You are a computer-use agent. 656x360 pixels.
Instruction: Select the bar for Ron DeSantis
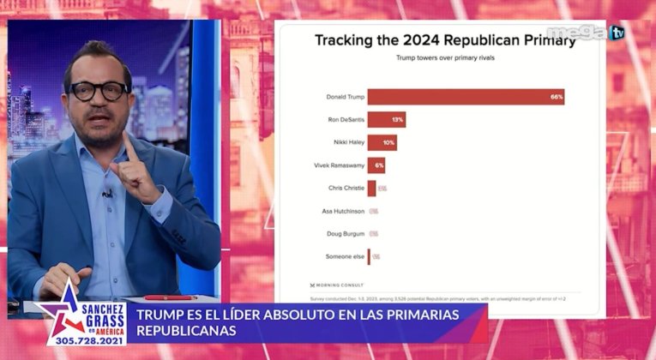coord(386,120)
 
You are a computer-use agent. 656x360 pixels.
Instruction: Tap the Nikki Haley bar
coord(382,142)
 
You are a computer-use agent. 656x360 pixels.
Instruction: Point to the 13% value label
coord(398,120)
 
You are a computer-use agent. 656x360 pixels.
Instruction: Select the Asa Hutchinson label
coord(345,211)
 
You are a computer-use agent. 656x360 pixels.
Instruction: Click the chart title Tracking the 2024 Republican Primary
coord(445,40)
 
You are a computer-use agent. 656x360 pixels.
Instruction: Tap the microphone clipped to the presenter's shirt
coord(106,195)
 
